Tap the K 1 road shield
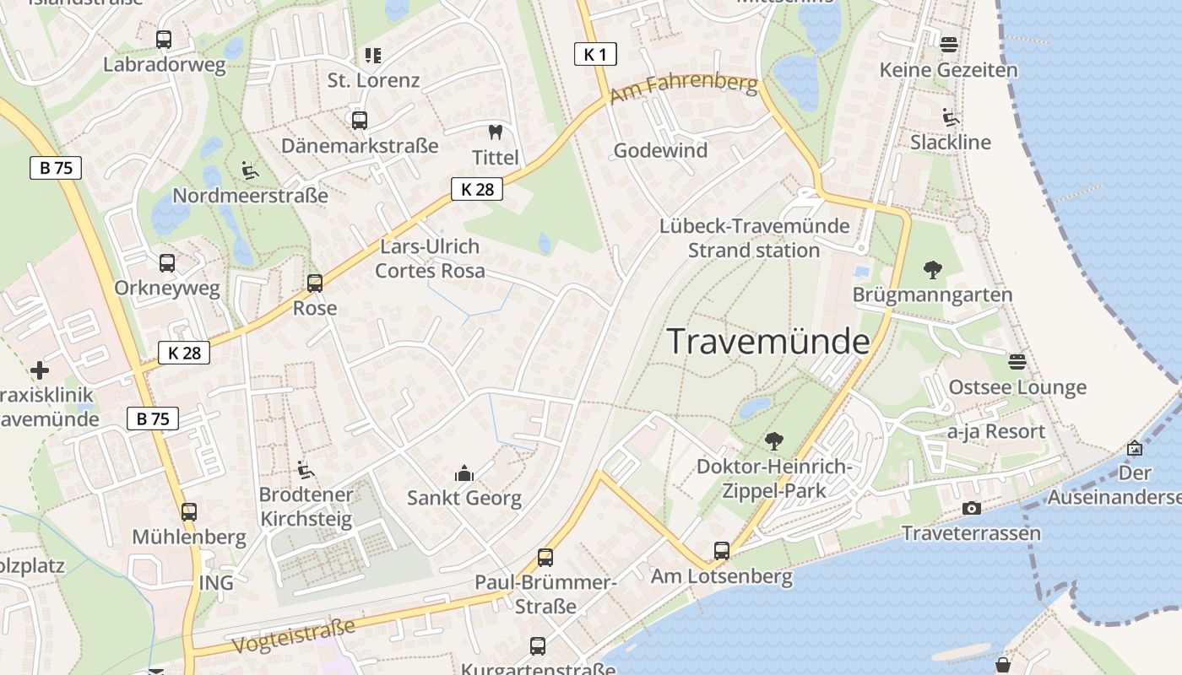[595, 55]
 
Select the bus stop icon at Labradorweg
[164, 39]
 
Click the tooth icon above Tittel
[496, 132]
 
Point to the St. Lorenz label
[373, 81]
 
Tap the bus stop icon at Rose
[315, 283]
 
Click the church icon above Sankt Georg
[464, 473]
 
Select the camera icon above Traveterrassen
[972, 508]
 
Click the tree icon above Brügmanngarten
[933, 270]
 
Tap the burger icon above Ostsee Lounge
[1017, 362]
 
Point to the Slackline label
[951, 143]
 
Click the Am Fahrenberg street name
[684, 89]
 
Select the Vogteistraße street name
[293, 635]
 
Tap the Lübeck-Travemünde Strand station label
[754, 238]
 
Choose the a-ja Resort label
[996, 432]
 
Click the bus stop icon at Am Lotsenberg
[722, 551]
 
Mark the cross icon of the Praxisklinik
[39, 370]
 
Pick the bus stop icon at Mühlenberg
[189, 511]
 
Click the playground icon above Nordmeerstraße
[249, 170]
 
